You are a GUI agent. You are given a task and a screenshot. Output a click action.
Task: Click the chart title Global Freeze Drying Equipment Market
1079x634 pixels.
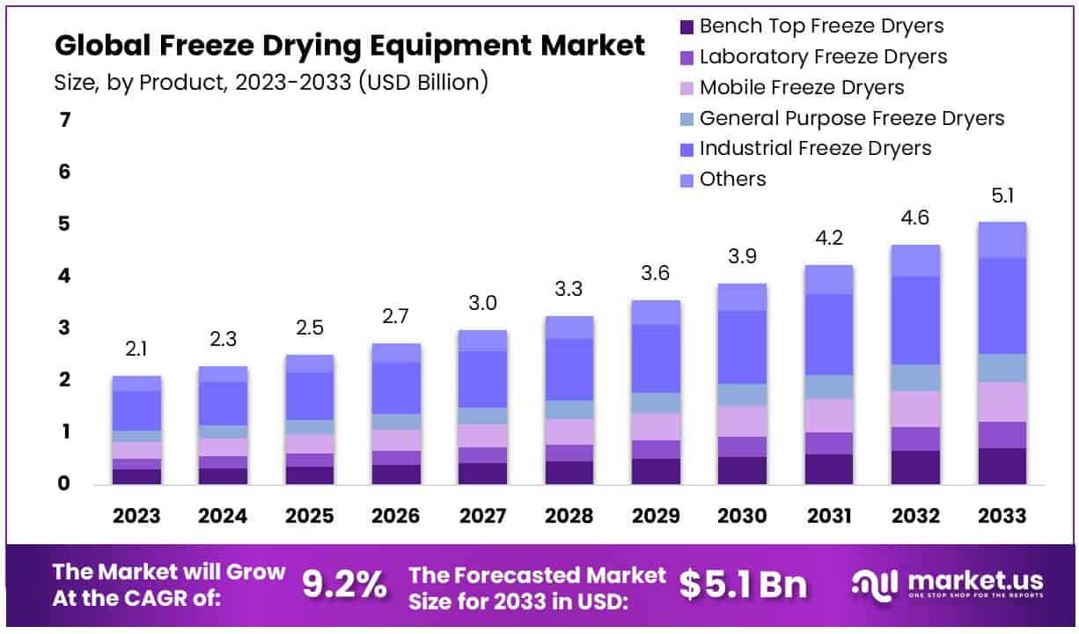pyautogui.click(x=349, y=46)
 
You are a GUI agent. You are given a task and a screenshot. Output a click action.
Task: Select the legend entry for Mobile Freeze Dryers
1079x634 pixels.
pyautogui.click(x=801, y=87)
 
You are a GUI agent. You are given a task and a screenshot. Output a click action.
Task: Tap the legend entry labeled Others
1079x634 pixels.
pyautogui.click(x=732, y=180)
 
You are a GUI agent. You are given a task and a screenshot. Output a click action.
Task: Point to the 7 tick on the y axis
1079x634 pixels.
pyautogui.click(x=64, y=120)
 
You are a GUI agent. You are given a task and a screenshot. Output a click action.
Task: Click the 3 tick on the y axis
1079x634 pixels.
pyautogui.click(x=64, y=328)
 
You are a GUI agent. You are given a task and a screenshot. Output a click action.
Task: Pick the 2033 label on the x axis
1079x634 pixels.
pyautogui.click(x=1002, y=516)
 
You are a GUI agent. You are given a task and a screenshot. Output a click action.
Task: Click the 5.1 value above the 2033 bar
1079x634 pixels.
pyautogui.click(x=1002, y=195)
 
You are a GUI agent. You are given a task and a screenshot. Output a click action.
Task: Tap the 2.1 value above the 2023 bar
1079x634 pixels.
pyautogui.click(x=136, y=350)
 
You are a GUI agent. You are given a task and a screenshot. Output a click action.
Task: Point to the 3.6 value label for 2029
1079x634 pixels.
pyautogui.click(x=656, y=274)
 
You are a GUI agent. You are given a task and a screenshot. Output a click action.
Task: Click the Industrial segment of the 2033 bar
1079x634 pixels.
pyautogui.click(x=1002, y=306)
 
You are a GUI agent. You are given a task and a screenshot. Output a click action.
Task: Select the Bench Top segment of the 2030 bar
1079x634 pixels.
pyautogui.click(x=741, y=470)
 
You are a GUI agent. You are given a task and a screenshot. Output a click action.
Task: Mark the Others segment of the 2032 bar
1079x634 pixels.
pyautogui.click(x=915, y=261)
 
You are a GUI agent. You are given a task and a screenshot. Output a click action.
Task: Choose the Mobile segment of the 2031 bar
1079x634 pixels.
pyautogui.click(x=828, y=416)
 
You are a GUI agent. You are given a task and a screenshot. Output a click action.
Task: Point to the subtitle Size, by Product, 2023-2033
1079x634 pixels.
pyautogui.click(x=271, y=83)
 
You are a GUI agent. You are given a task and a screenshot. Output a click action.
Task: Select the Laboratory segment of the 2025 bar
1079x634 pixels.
pyautogui.click(x=310, y=460)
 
